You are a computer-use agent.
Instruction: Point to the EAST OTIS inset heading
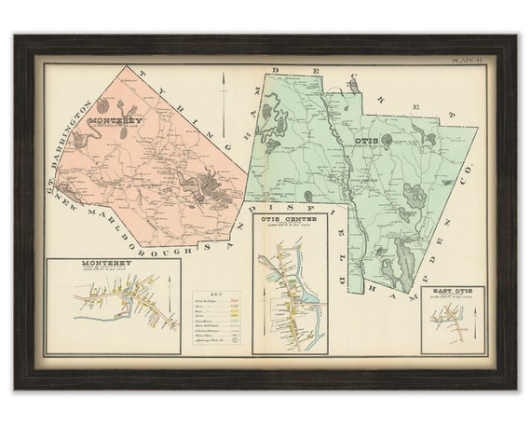453,292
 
